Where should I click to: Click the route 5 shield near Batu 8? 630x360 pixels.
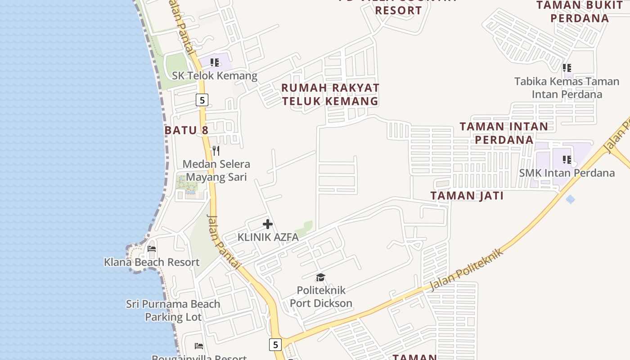click(202, 100)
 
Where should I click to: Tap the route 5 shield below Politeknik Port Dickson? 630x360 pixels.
click(275, 345)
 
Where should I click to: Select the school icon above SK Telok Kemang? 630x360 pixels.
click(215, 63)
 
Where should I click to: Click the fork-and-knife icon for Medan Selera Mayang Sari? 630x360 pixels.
click(216, 150)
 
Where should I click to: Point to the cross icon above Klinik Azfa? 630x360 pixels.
click(268, 224)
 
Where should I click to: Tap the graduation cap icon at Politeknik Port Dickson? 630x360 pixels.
click(320, 277)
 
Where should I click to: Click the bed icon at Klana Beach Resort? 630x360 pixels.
click(152, 249)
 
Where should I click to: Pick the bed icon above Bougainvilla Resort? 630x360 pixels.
click(199, 346)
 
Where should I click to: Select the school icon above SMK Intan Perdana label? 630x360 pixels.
click(567, 160)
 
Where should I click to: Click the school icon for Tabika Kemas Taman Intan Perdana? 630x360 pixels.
click(567, 68)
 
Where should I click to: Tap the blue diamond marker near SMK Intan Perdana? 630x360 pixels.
click(570, 199)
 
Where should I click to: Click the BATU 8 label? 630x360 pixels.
click(186, 130)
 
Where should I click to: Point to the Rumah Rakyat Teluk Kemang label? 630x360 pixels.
click(330, 94)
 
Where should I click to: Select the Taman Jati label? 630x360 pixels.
click(467, 196)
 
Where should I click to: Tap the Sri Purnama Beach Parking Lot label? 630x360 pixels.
click(173, 310)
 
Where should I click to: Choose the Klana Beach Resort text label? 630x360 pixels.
click(152, 262)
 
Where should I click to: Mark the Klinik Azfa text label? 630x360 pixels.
click(268, 237)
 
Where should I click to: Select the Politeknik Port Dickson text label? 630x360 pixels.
click(321, 297)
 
